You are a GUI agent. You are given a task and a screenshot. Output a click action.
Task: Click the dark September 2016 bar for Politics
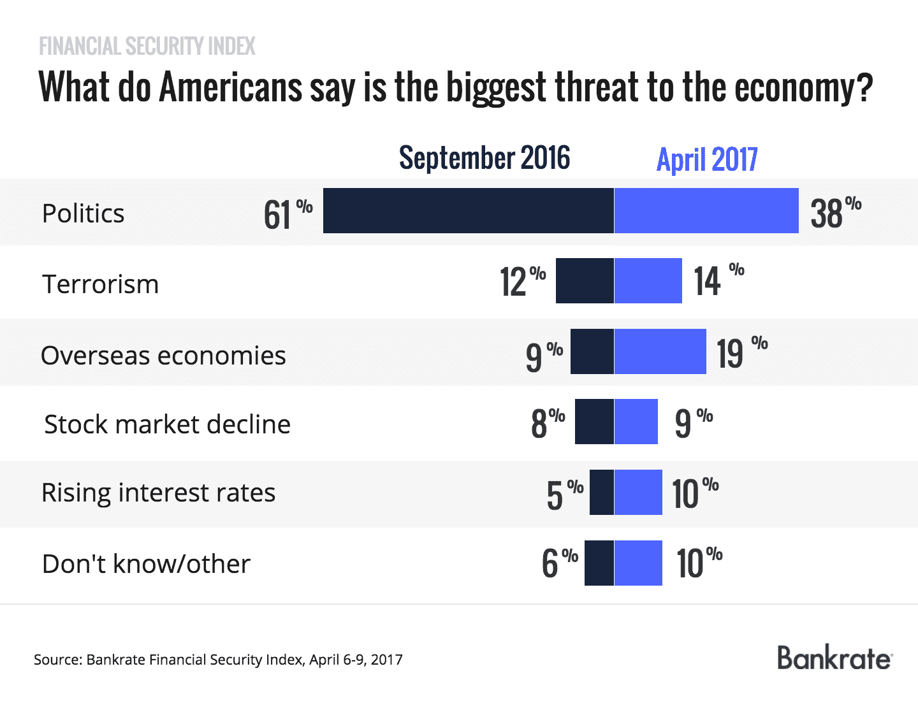click(469, 211)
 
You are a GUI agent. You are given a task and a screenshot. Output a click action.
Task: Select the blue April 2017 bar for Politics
click(706, 211)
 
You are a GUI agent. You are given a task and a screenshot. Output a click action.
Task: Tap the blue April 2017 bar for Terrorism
click(648, 281)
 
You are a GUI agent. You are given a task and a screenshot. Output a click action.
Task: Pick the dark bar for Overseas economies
click(592, 351)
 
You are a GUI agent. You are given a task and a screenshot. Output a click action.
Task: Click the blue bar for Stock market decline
click(636, 422)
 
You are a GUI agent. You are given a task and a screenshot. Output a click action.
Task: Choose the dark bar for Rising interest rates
click(602, 492)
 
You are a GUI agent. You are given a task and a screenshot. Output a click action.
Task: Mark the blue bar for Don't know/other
click(638, 563)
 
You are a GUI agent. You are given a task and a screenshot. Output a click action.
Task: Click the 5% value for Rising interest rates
click(564, 495)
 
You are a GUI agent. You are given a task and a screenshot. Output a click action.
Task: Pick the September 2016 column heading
click(484, 158)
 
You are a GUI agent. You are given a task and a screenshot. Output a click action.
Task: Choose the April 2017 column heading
click(707, 159)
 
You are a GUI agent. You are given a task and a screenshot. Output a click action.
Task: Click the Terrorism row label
click(100, 284)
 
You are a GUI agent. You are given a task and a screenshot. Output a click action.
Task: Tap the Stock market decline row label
click(167, 424)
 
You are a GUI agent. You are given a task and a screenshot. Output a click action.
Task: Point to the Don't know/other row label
click(146, 564)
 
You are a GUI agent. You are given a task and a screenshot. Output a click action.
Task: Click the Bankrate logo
click(834, 658)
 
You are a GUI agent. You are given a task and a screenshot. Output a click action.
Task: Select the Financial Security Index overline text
click(147, 47)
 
